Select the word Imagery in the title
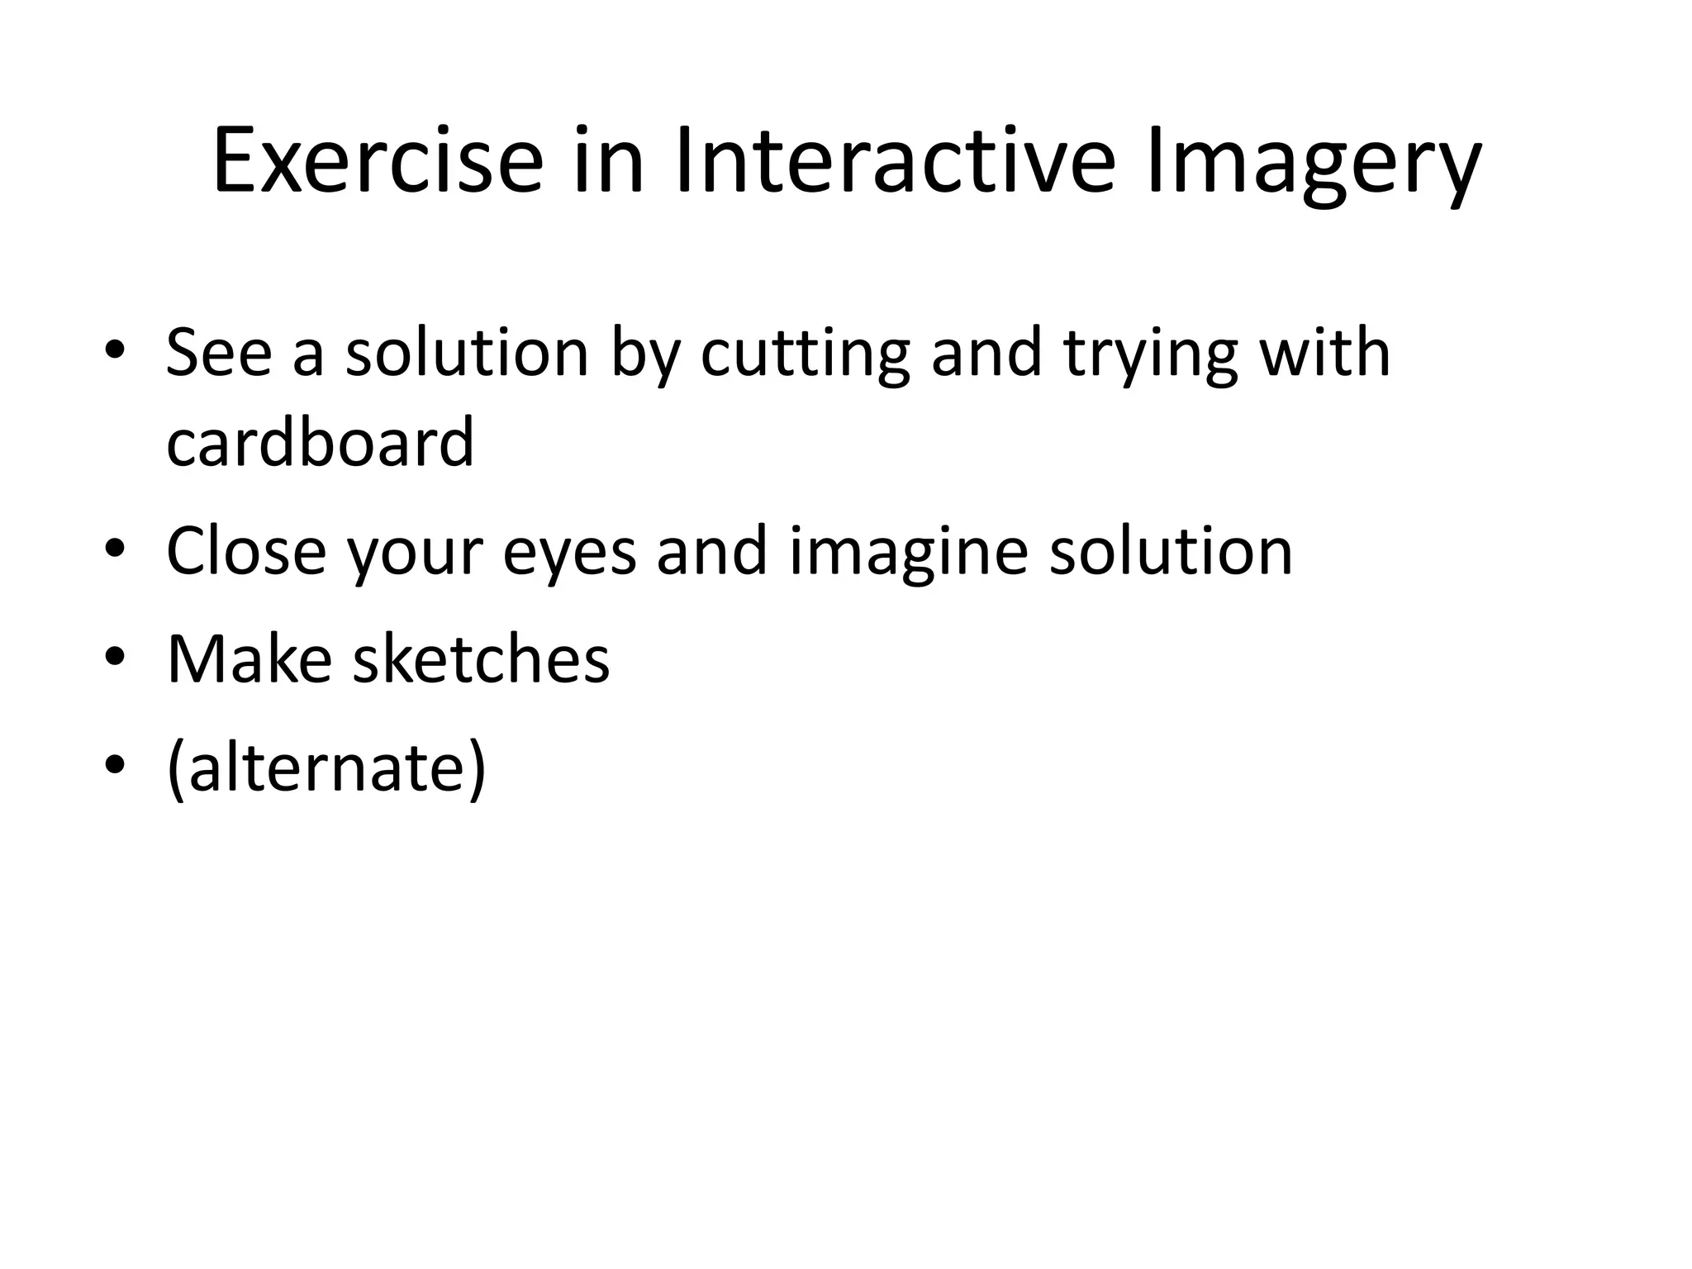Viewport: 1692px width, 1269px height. pyautogui.click(x=1314, y=165)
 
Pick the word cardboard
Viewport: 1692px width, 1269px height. pyautogui.click(x=320, y=441)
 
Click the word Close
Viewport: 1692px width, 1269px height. pyautogui.click(x=246, y=551)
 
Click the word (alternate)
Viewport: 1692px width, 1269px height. pyautogui.click(x=326, y=768)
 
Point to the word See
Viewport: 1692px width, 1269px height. pyautogui.click(x=218, y=353)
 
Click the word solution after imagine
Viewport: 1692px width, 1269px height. pyautogui.click(x=1171, y=551)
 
